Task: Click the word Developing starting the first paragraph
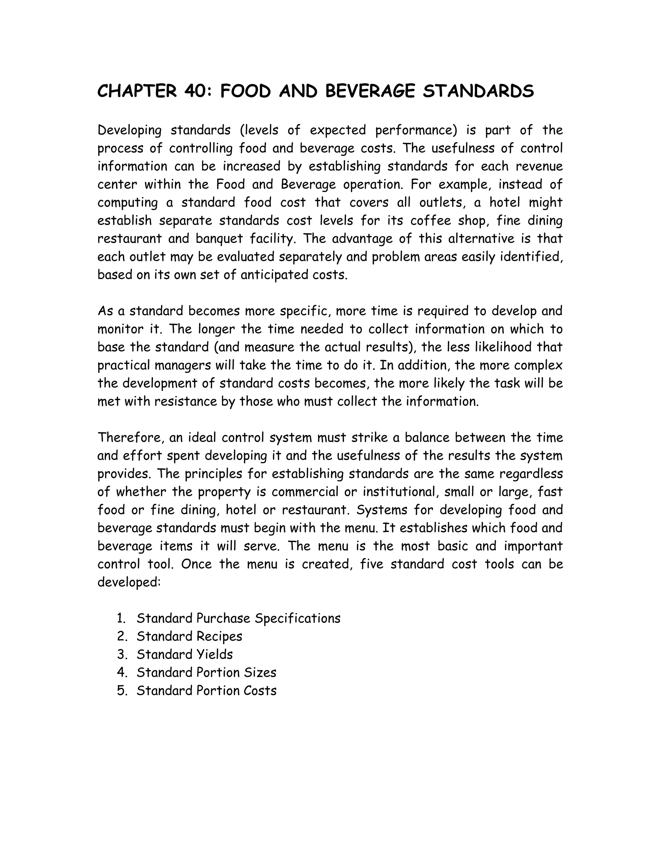pyautogui.click(x=129, y=130)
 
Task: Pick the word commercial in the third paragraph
pyautogui.click(x=305, y=492)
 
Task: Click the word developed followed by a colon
pyautogui.click(x=128, y=582)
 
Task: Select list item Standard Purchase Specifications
pyautogui.click(x=239, y=619)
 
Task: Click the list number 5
pyautogui.click(x=122, y=690)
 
